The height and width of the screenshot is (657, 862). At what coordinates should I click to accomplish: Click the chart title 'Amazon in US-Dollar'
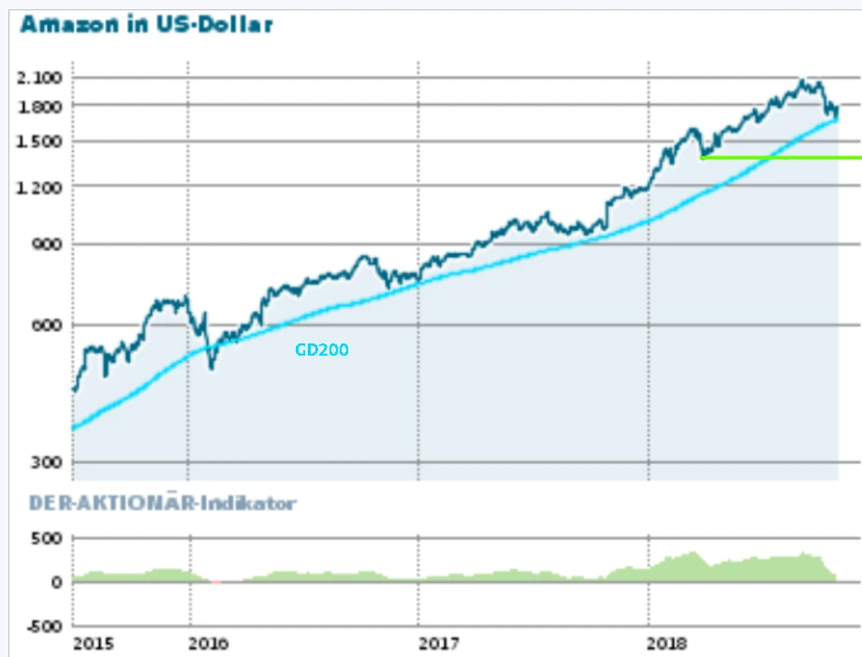[147, 24]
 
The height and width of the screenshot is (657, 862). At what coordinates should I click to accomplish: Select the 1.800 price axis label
[38, 106]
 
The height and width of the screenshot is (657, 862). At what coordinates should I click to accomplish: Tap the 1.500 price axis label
[38, 141]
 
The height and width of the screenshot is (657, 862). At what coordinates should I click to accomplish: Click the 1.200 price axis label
[38, 186]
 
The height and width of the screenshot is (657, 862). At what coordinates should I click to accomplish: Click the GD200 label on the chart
[321, 350]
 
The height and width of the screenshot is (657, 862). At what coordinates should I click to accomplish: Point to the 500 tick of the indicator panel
[47, 538]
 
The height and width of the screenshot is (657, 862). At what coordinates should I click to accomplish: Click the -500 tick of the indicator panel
[43, 625]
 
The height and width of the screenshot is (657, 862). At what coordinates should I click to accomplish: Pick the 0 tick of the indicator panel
[56, 581]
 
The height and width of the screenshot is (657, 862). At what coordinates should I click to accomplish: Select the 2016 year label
[209, 644]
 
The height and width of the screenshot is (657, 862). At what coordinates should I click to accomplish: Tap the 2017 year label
[439, 644]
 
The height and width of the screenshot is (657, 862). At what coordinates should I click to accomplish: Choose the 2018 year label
[668, 644]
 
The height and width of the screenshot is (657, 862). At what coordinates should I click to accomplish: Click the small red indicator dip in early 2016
[217, 582]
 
